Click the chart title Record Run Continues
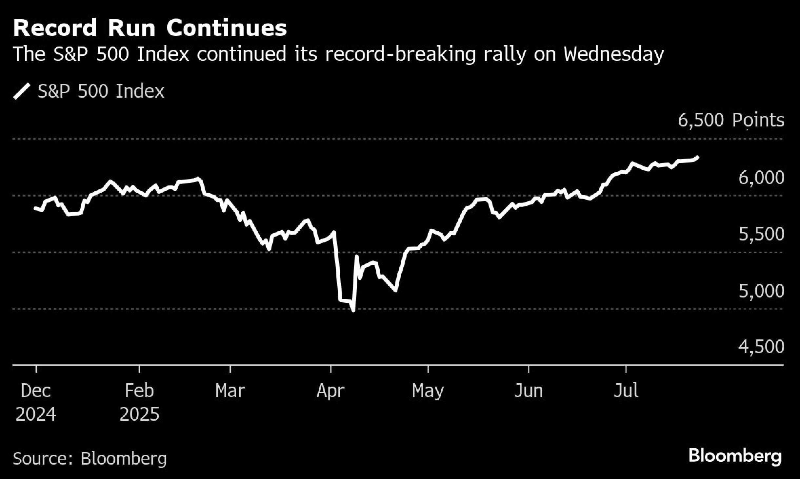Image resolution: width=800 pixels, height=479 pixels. [150, 28]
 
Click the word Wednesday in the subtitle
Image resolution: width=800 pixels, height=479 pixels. [614, 54]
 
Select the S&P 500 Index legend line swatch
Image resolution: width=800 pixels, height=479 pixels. [22, 91]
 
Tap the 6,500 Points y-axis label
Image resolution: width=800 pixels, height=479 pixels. [731, 120]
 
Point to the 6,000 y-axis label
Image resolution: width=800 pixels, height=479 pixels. [761, 178]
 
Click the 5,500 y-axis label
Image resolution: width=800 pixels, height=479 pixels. [761, 234]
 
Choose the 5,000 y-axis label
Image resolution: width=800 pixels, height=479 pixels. [761, 291]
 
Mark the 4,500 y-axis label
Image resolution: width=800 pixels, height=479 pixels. [761, 347]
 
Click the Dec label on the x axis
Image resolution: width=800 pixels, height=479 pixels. [36, 391]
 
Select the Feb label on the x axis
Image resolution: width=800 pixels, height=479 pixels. [139, 391]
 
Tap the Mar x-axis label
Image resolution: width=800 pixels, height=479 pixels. [230, 391]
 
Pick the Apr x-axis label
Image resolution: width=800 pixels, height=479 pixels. [330, 391]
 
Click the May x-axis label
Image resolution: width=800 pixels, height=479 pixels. [428, 391]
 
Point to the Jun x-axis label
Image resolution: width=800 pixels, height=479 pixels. [529, 391]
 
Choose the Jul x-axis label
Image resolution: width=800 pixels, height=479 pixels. [626, 391]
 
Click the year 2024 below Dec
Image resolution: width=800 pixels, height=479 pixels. [36, 414]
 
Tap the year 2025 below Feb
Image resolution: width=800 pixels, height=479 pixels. [139, 414]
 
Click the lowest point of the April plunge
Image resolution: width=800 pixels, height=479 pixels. [353, 310]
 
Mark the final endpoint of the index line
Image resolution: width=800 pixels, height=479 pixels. [697, 158]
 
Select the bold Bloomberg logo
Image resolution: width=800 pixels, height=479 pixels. [735, 456]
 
